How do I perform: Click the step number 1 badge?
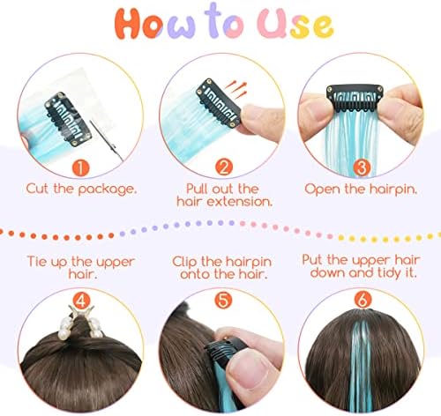(x=80, y=168)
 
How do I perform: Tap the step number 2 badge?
(x=224, y=167)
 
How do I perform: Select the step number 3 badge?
(x=362, y=167)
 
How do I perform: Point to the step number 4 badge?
(x=81, y=301)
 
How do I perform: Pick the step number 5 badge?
(x=223, y=301)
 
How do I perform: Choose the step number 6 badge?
(x=363, y=300)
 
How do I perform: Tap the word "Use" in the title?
(x=295, y=24)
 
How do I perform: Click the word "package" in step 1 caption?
(x=107, y=189)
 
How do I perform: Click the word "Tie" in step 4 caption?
(x=37, y=261)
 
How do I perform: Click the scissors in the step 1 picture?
(x=107, y=140)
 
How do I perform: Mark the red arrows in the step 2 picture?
(x=235, y=89)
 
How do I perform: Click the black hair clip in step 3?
(x=355, y=99)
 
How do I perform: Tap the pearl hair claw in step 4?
(x=82, y=323)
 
